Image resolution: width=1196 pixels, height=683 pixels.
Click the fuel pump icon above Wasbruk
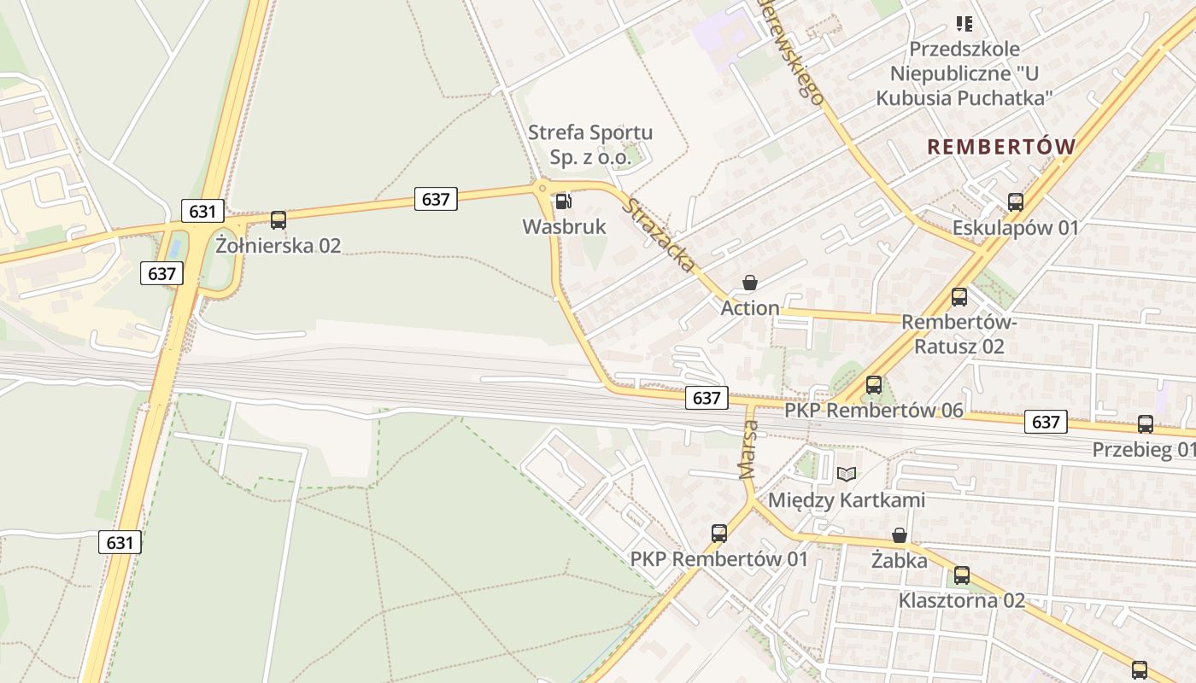pos(563,202)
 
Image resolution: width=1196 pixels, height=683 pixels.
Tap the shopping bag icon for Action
pos(750,283)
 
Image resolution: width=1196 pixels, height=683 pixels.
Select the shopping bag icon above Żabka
pos(900,536)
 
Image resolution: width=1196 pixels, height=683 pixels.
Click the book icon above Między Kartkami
pos(847,474)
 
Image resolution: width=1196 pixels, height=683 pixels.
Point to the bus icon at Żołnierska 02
pos(278,220)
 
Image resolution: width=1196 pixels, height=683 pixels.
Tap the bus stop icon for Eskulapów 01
pos(1016,202)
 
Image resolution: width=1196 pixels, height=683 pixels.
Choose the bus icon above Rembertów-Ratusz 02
pos(959,297)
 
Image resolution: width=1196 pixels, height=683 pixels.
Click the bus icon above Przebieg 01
pos(1146,423)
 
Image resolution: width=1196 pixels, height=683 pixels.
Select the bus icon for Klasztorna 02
pos(962,575)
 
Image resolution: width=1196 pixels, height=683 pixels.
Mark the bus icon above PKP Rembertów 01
pos(719,534)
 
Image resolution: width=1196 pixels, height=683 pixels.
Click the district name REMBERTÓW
pos(1001,147)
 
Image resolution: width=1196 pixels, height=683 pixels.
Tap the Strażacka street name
pos(660,235)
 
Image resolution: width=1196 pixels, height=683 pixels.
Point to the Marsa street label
pos(749,448)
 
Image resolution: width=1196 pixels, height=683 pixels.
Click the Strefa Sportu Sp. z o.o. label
pos(590,144)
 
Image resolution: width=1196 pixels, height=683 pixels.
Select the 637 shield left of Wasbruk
pos(436,199)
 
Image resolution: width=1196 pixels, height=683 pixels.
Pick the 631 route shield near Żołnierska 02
pos(202,211)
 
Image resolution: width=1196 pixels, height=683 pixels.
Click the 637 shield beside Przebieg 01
pos(1046,422)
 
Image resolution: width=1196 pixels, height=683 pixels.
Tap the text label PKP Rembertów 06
pos(874,411)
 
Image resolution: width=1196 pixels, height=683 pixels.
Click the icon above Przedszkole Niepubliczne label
pos(964,24)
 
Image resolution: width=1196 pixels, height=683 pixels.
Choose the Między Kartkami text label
pos(847,499)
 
